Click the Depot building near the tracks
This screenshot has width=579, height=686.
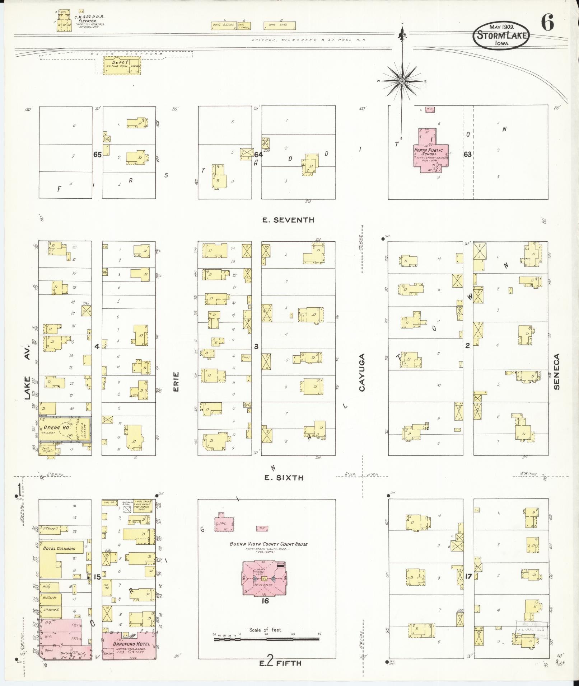tap(122, 66)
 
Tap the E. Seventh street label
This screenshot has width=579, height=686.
tap(288, 220)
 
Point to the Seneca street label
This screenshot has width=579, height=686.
tap(557, 372)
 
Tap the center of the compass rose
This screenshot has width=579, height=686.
tap(402, 81)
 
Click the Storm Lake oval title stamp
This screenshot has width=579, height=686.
tap(501, 36)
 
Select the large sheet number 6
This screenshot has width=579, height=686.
tap(547, 24)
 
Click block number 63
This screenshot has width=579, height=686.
tap(467, 154)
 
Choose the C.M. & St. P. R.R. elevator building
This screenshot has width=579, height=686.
tap(64, 25)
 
